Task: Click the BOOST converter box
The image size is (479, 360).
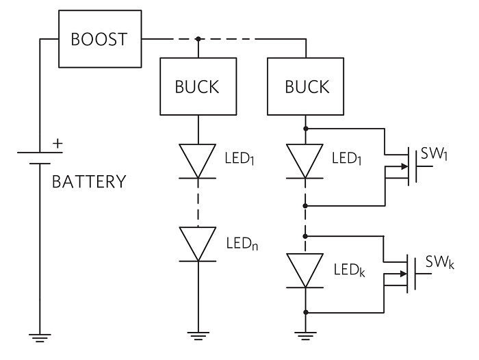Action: (100, 39)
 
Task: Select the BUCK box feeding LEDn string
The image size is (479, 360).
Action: (198, 86)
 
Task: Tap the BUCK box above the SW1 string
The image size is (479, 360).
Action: (306, 86)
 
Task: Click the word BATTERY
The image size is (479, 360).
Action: (89, 182)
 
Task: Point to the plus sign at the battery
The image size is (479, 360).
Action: (58, 144)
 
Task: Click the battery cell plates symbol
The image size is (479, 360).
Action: (40, 157)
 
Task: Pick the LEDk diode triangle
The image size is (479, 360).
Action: (306, 269)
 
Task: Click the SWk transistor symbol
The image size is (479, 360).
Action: (406, 274)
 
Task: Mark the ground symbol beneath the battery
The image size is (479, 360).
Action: (40, 338)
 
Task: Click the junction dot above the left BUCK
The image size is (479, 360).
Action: (198, 39)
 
